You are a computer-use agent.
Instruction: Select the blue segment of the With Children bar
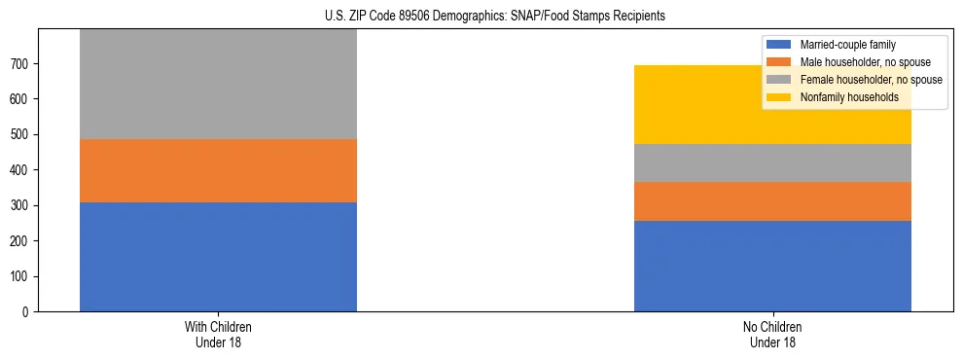[x=218, y=257]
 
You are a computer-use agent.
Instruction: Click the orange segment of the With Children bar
[x=218, y=170]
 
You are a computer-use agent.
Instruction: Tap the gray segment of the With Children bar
[x=218, y=85]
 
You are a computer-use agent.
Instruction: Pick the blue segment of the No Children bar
[x=772, y=266]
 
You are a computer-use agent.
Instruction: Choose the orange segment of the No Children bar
[x=772, y=201]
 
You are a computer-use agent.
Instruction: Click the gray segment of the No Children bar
[x=772, y=162]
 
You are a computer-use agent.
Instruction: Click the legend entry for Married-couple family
[x=845, y=45]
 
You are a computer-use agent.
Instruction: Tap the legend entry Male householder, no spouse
[x=857, y=62]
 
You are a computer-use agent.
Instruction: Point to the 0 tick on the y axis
[x=26, y=312]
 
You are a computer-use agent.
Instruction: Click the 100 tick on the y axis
[x=20, y=276]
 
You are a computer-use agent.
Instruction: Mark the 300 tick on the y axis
[x=20, y=205]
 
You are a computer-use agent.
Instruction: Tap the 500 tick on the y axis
[x=20, y=134]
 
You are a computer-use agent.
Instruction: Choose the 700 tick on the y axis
[x=20, y=63]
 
